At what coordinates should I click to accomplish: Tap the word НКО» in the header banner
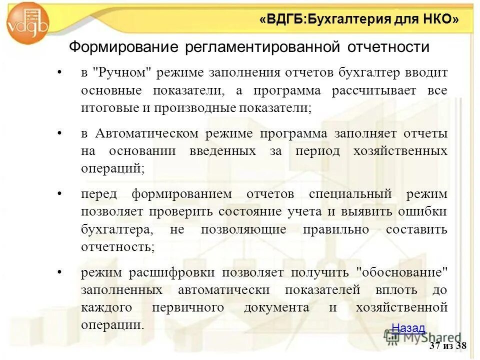(x=440, y=19)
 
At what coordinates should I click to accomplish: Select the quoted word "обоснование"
(x=400, y=272)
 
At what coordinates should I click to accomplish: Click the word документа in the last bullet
(x=276, y=307)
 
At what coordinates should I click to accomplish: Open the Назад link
(x=408, y=328)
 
